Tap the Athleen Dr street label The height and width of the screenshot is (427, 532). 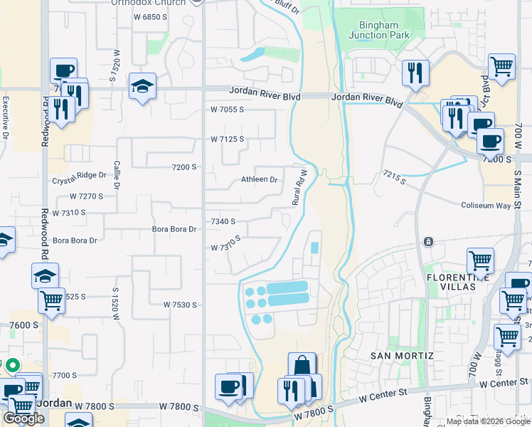(259, 179)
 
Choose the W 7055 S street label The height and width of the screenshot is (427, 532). (227, 110)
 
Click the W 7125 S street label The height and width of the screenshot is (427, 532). (227, 139)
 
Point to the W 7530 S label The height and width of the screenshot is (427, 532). (179, 305)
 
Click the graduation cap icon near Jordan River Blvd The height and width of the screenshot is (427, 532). (143, 87)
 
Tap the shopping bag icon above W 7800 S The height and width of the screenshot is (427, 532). (302, 365)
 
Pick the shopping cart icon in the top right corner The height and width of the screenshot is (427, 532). (502, 66)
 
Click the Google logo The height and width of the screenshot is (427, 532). (23, 418)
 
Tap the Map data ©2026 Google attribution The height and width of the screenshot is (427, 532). (488, 421)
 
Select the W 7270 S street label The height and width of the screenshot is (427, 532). (86, 196)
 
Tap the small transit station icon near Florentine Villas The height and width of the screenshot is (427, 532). (427, 243)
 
